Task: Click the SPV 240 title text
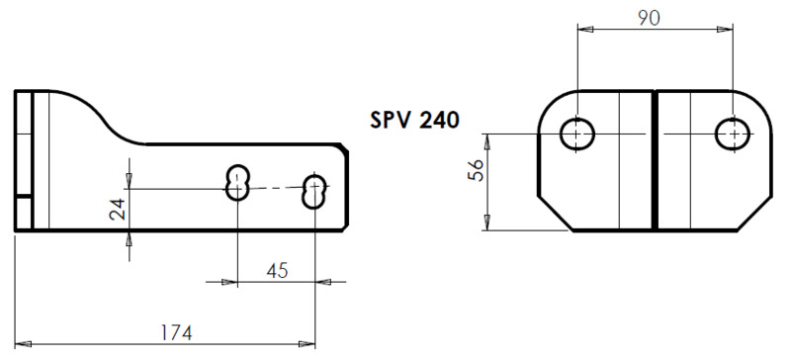(x=414, y=121)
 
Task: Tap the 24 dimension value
(x=117, y=209)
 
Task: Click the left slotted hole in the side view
(x=237, y=182)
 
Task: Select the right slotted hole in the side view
(x=315, y=191)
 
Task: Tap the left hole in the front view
(x=576, y=133)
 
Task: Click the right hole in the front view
(x=734, y=133)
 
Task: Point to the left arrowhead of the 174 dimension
(x=22, y=344)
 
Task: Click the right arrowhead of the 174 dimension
(x=308, y=344)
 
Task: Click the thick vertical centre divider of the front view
(x=655, y=159)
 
